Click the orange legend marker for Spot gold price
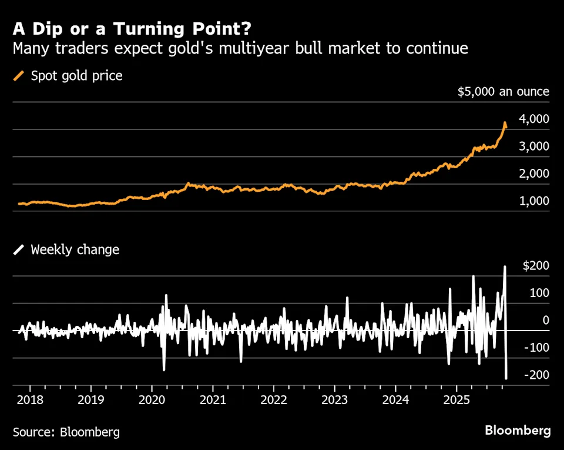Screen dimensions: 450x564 point(19,76)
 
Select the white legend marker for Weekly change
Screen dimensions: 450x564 point(19,249)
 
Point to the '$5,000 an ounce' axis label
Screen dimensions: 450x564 point(503,92)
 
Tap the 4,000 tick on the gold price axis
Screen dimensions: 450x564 point(534,119)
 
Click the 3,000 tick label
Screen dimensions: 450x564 point(534,146)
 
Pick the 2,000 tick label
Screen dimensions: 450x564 point(534,174)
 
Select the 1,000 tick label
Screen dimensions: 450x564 point(534,201)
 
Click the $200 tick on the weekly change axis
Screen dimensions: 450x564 point(536,266)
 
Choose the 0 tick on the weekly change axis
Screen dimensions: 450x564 point(546,321)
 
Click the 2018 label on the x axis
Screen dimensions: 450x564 point(30,401)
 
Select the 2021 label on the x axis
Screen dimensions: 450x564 point(213,401)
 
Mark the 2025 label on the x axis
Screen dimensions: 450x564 point(456,401)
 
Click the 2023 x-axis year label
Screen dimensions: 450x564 point(334,401)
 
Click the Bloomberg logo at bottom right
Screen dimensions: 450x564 point(518,431)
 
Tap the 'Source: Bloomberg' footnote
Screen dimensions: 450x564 point(66,432)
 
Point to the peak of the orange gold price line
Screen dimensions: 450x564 point(505,123)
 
